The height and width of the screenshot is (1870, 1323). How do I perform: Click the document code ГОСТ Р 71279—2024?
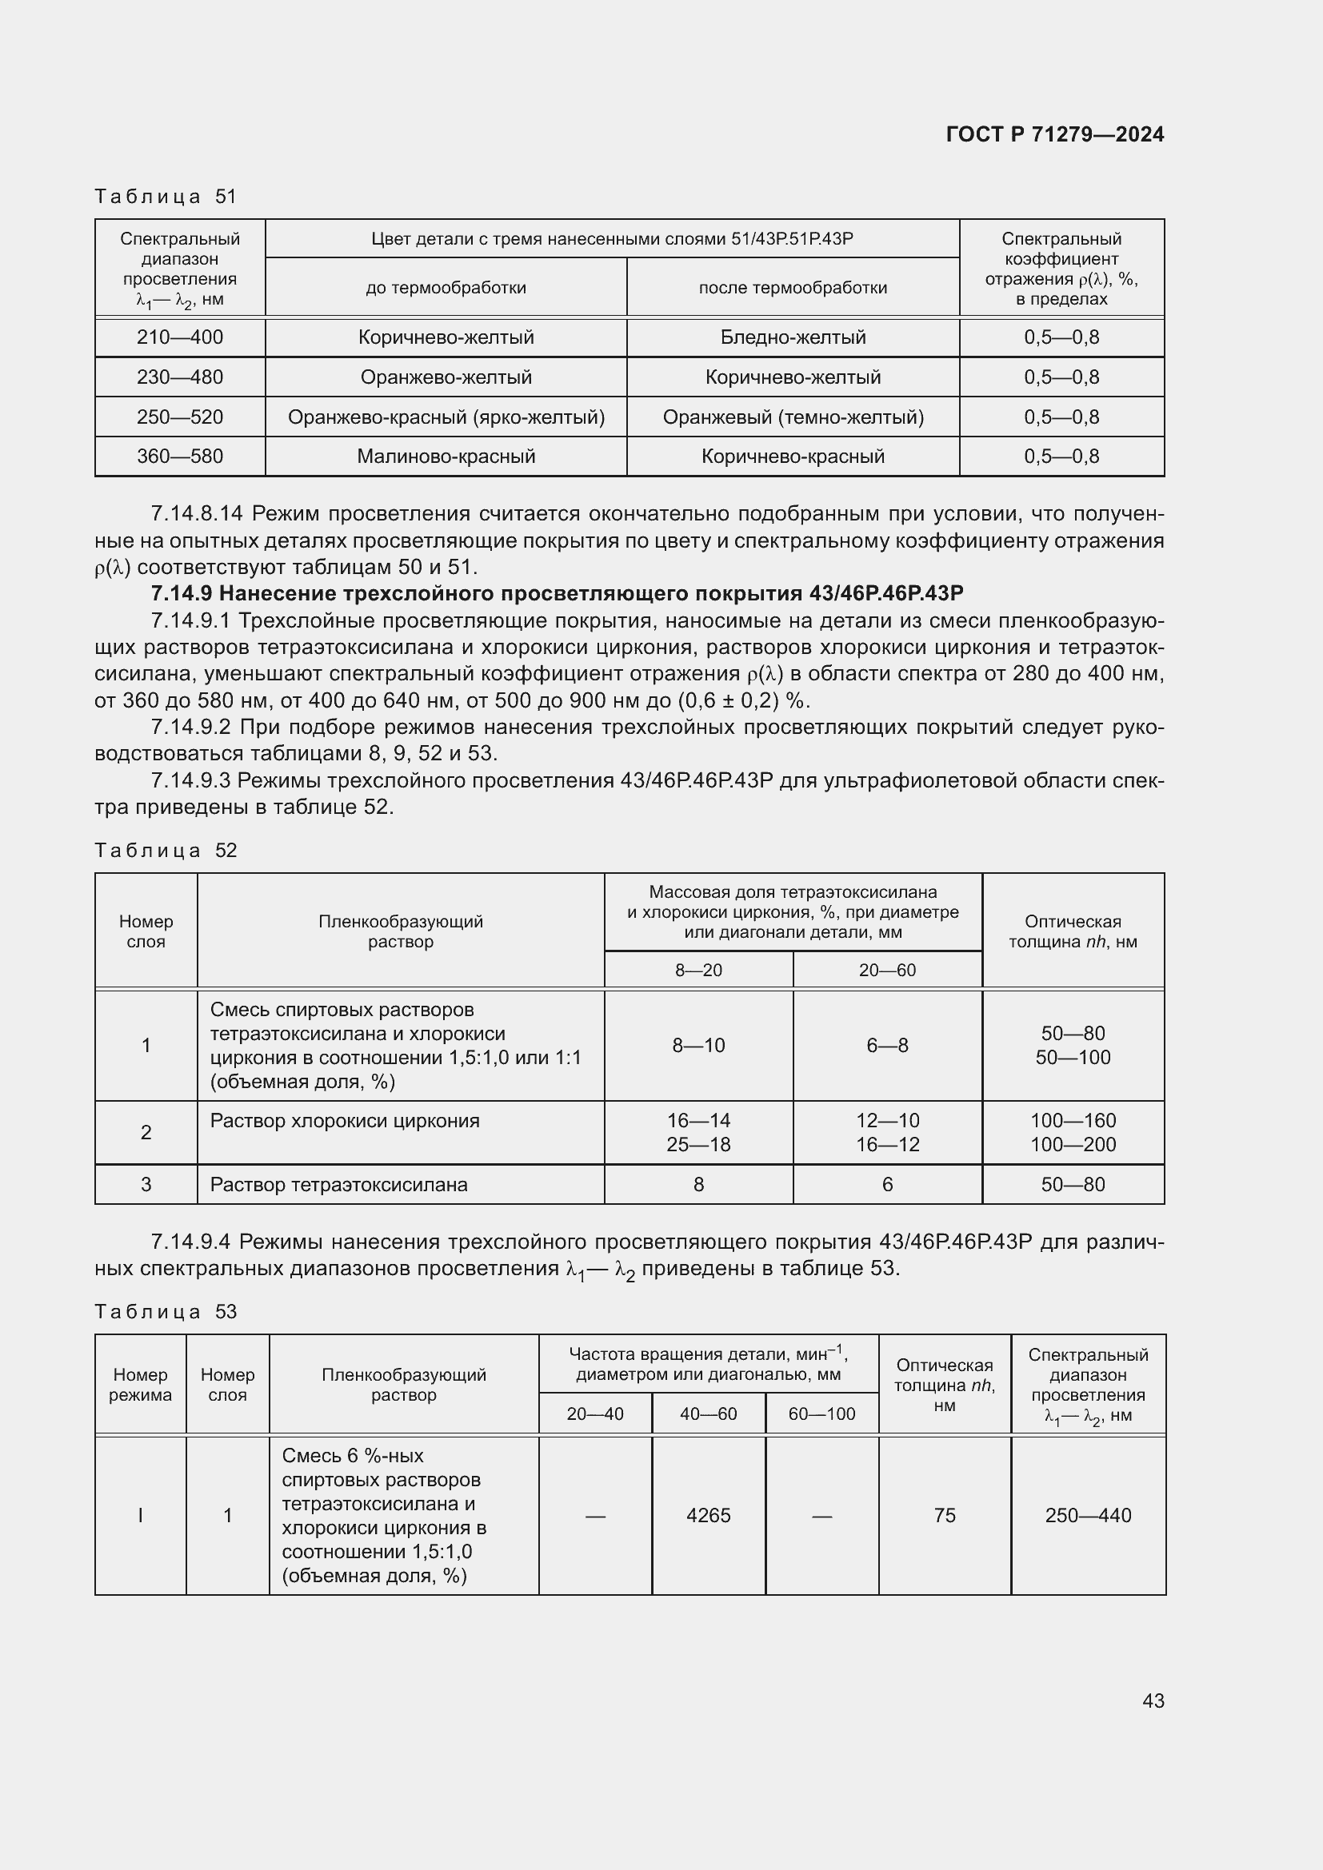(1054, 134)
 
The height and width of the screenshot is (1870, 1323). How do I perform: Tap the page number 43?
(1153, 1701)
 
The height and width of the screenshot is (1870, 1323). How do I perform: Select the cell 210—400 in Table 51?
(179, 337)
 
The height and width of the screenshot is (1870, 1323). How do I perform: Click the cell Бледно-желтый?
(792, 337)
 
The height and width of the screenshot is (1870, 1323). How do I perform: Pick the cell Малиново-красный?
(446, 456)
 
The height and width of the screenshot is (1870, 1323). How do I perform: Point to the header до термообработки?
(446, 288)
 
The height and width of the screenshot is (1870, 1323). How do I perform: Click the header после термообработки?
(792, 288)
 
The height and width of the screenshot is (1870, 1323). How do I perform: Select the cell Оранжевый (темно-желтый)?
(792, 417)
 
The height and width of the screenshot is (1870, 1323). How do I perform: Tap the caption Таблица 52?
(166, 851)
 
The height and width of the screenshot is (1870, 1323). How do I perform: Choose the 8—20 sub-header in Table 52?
(698, 970)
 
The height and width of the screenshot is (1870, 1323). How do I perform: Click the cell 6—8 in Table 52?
(886, 1045)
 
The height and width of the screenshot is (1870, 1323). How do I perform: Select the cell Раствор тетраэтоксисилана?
(339, 1184)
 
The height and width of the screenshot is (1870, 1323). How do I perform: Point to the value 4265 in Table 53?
(708, 1515)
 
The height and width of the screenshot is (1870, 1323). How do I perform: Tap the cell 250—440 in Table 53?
(1088, 1515)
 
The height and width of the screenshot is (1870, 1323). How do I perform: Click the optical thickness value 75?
(944, 1515)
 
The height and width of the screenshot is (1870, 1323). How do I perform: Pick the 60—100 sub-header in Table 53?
(821, 1413)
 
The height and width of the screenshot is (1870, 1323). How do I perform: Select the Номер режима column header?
(140, 1384)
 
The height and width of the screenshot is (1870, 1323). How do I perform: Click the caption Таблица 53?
(166, 1311)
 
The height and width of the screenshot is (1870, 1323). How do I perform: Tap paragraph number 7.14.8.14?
(196, 514)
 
